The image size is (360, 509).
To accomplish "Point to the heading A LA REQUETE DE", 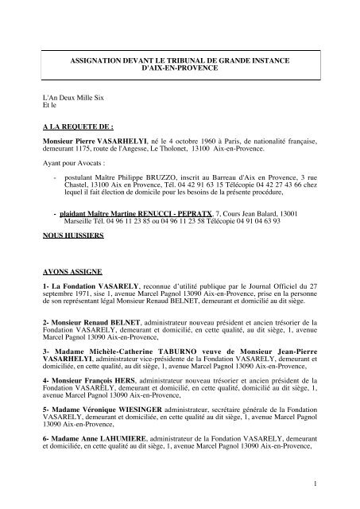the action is point(78,126).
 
